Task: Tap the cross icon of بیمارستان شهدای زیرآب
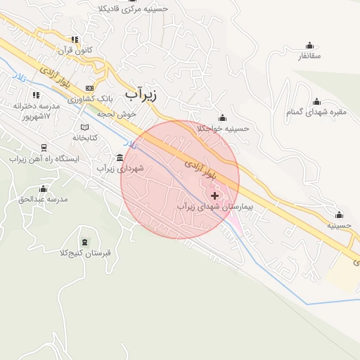pos(214,195)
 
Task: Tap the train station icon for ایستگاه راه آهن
pos(44,148)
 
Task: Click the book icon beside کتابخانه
pos(84,127)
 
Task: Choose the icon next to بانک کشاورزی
pos(89,88)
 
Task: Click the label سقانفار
pos(309,56)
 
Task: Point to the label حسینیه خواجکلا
pos(223,129)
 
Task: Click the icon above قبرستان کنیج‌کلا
pos(85,242)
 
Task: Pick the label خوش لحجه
pos(116,112)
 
